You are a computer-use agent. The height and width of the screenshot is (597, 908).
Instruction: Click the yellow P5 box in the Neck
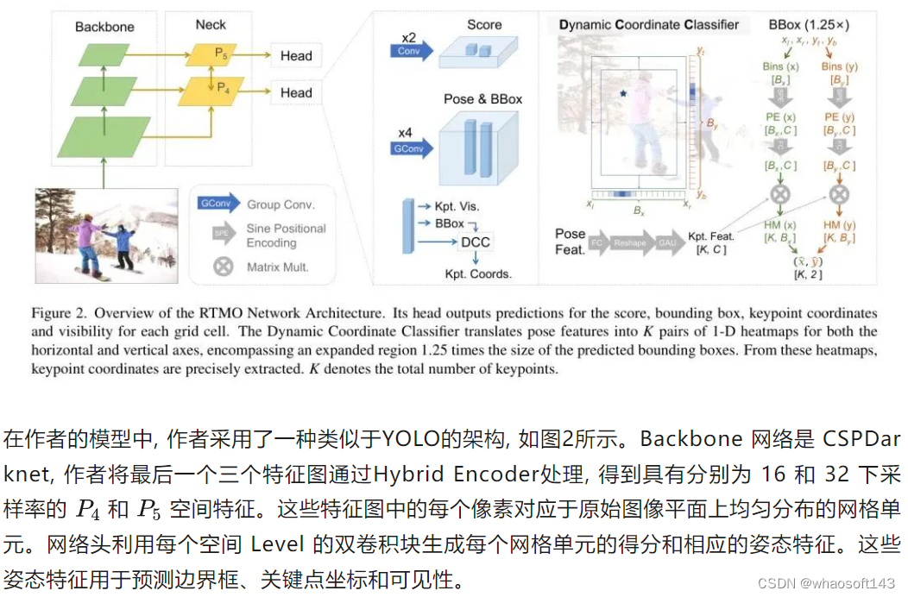211,54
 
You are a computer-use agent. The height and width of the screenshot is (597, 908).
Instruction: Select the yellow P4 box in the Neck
211,87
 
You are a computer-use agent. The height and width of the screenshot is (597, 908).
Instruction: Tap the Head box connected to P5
296,56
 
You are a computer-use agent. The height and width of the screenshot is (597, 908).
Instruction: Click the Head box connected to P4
296,92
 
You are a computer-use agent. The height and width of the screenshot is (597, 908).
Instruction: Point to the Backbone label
104,27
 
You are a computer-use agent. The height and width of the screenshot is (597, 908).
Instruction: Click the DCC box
476,242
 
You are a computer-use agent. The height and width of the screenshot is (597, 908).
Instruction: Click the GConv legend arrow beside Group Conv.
218,204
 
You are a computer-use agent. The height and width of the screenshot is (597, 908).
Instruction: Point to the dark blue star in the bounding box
621,91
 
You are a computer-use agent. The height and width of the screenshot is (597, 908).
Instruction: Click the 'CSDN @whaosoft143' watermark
826,584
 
